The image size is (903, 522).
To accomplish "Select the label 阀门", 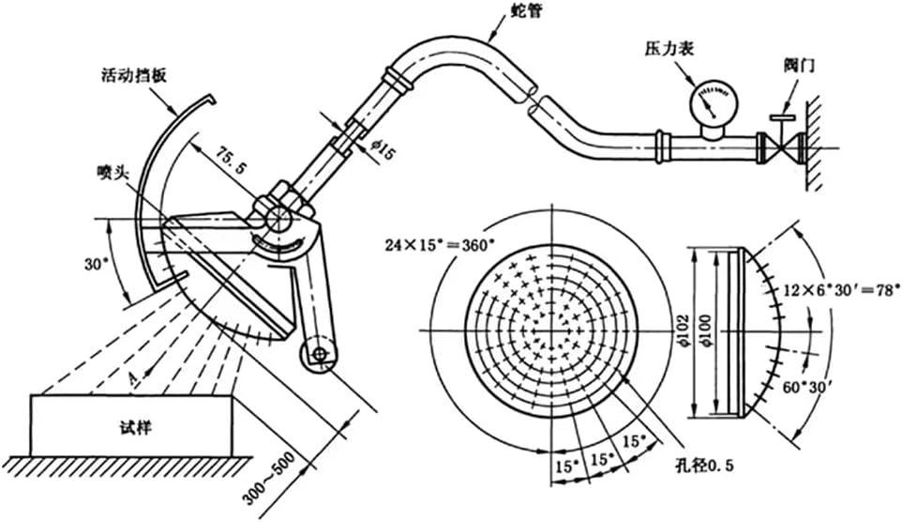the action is click(799, 65).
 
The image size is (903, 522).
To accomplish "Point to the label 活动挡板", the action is click(132, 75).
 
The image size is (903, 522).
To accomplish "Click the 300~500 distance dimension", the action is click(268, 478).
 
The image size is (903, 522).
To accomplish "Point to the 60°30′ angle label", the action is click(805, 387).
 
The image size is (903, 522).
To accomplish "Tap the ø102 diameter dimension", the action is click(685, 331).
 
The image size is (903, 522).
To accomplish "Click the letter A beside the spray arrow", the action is click(133, 377).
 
